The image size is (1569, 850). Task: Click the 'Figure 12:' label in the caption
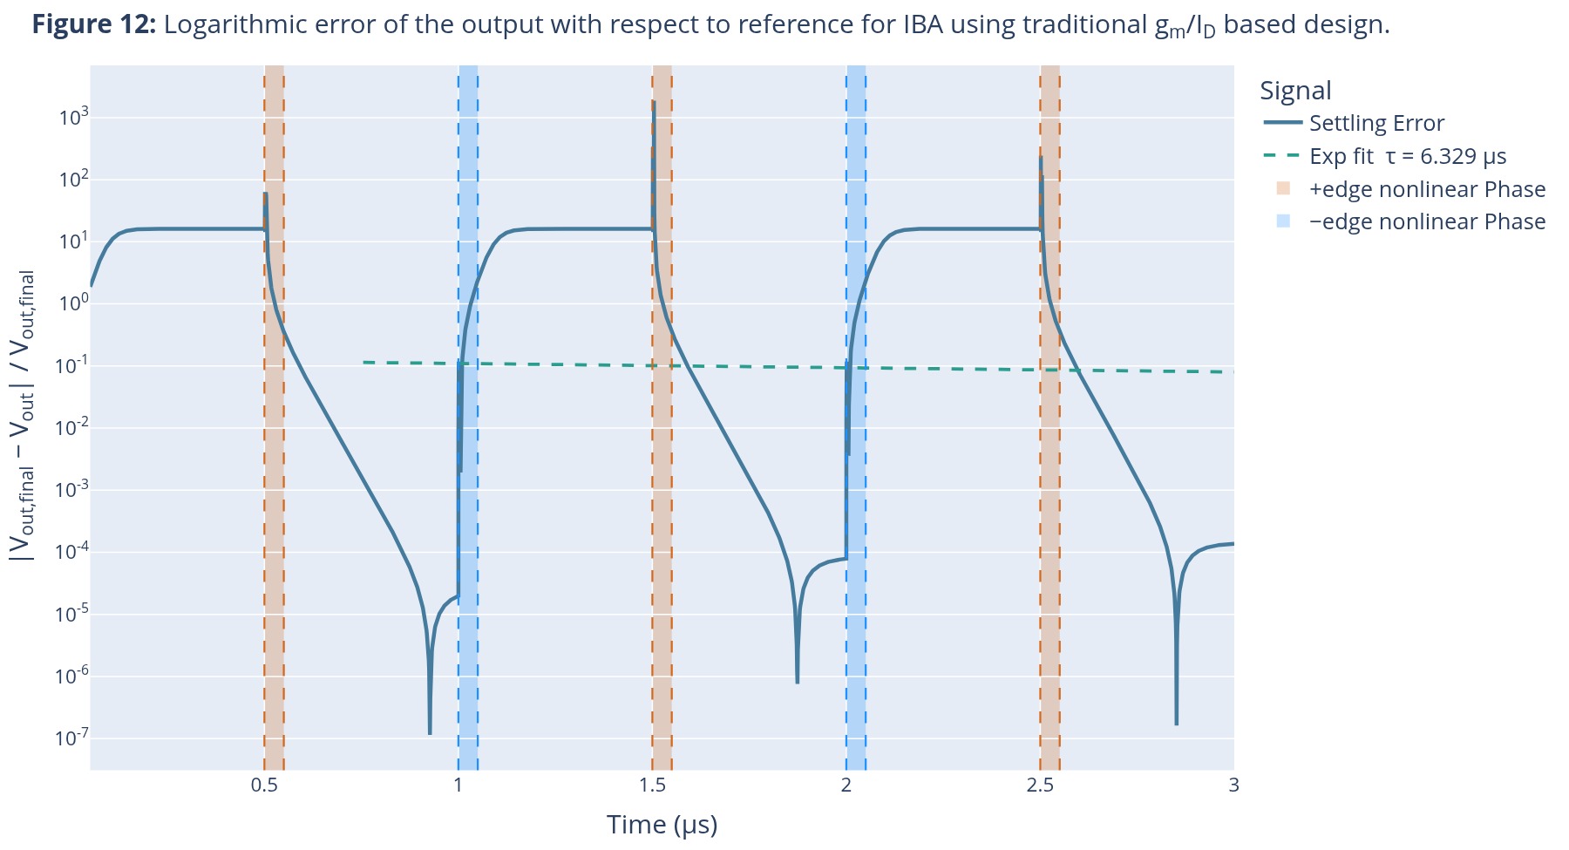coord(94,24)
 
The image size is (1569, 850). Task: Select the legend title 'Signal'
coord(1295,91)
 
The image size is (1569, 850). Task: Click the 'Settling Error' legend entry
coord(1376,123)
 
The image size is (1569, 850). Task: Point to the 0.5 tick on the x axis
coord(264,785)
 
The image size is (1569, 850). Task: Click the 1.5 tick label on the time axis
coord(653,785)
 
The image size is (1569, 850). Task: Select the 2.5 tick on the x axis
coord(1040,785)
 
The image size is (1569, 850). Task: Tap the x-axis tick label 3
coord(1233,785)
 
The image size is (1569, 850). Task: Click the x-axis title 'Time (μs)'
coord(662,825)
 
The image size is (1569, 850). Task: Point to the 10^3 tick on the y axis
coord(72,117)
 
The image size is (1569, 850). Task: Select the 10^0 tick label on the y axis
coord(72,303)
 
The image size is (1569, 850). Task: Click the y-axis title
coord(23,415)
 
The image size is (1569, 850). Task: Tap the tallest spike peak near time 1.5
coord(653,102)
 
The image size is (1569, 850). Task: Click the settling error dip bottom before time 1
coord(430,732)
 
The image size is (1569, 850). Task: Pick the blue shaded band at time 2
coord(856,418)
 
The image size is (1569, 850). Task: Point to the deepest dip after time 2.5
coord(1176,723)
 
